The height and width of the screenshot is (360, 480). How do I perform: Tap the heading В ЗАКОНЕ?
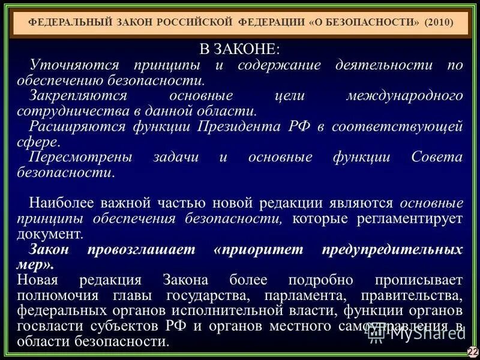point(239,49)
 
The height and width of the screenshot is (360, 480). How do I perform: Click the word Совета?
point(437,157)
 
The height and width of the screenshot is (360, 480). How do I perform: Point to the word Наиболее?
point(59,203)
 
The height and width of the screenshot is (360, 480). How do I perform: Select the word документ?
point(50,233)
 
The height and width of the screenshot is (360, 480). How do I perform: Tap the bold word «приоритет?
point(254,249)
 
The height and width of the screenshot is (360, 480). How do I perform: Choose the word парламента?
point(287,296)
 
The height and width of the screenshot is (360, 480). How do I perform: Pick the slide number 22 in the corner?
point(472,351)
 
